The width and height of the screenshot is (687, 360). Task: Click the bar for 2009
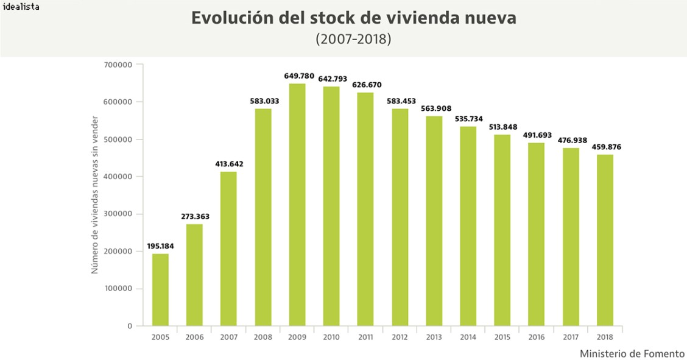297,204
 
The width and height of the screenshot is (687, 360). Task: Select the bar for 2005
160,289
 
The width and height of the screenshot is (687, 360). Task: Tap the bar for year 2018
605,240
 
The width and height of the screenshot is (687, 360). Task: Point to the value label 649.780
299,76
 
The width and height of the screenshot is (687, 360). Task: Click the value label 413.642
230,164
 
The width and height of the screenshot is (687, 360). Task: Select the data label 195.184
161,246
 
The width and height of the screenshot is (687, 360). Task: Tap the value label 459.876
606,147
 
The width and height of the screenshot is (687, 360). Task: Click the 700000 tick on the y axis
118,65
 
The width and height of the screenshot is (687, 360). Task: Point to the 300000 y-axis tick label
118,214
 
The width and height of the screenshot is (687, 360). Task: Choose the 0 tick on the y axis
130,326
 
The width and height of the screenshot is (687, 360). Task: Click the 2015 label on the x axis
502,337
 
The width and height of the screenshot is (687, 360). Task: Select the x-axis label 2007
229,337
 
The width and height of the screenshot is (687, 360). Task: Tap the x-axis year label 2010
331,337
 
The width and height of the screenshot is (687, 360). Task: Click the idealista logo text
20,7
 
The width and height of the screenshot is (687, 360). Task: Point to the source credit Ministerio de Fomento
632,353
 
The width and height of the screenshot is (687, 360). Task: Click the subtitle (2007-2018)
353,39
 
